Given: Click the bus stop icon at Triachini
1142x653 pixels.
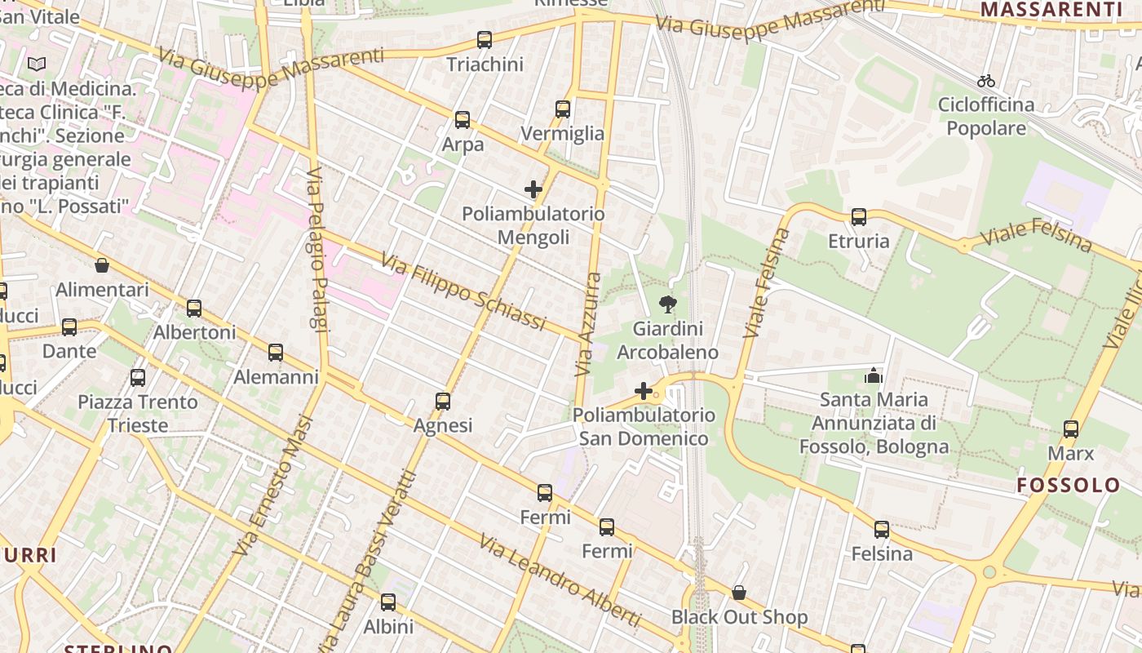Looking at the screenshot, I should pyautogui.click(x=485, y=40).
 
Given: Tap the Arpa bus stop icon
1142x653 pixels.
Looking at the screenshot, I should pyautogui.click(x=463, y=121).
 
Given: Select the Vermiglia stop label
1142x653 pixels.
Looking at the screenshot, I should pyautogui.click(x=563, y=134).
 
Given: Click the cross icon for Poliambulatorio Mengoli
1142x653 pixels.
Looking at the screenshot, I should pyautogui.click(x=533, y=190).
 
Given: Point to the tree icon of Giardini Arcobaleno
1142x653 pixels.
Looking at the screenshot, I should pyautogui.click(x=667, y=305).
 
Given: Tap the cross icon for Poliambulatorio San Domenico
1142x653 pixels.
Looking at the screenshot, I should pyautogui.click(x=644, y=392).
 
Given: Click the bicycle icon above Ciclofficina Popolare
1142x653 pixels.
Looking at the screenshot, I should pyautogui.click(x=986, y=81).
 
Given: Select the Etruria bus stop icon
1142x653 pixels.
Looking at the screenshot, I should pyautogui.click(x=859, y=217).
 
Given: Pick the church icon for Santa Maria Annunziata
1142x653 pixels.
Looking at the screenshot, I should pyautogui.click(x=874, y=375).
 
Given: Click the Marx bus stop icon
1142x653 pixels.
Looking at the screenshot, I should pyautogui.click(x=1071, y=429).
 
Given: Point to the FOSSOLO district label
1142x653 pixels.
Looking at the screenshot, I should pyautogui.click(x=1069, y=485).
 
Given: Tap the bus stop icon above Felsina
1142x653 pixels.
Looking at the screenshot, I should pyautogui.click(x=882, y=530).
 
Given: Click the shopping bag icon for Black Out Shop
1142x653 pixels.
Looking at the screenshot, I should pyautogui.click(x=739, y=593).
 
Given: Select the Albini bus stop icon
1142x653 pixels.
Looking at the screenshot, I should pyautogui.click(x=388, y=603).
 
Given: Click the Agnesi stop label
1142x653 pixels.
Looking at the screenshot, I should pyautogui.click(x=443, y=425).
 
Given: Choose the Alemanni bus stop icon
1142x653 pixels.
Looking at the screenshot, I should pyautogui.click(x=276, y=353).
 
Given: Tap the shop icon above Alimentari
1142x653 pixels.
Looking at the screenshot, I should pyautogui.click(x=102, y=265).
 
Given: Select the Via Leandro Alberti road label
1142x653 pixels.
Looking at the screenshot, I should pyautogui.click(x=559, y=580).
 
